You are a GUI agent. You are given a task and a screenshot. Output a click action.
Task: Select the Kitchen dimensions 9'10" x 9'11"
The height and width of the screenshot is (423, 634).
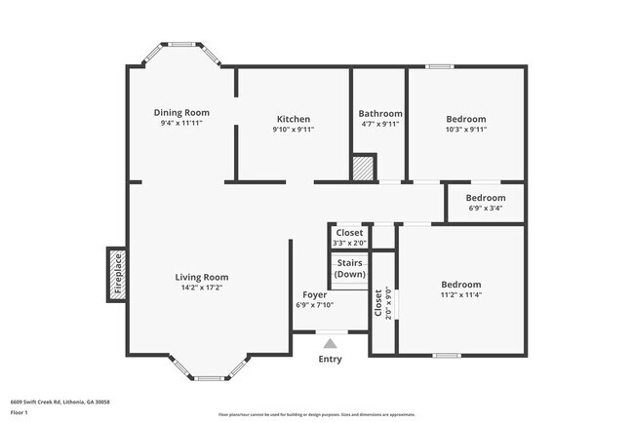(x=293, y=130)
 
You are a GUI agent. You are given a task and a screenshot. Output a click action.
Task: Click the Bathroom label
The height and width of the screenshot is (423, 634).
(x=379, y=113)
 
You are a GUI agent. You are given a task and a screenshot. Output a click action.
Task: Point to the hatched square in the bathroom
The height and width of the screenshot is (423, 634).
(x=364, y=168)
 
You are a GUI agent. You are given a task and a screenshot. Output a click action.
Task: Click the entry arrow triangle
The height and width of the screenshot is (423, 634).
(x=330, y=343)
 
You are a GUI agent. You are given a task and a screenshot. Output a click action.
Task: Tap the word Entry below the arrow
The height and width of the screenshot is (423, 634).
(x=331, y=360)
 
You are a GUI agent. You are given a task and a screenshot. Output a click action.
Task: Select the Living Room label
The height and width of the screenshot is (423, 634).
(x=202, y=277)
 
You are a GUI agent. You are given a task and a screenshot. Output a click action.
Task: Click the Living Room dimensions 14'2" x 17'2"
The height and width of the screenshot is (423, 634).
(x=202, y=288)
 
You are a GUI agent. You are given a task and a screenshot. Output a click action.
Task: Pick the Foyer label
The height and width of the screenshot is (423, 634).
(x=314, y=294)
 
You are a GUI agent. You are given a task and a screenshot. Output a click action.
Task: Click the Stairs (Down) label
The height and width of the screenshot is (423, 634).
(x=350, y=269)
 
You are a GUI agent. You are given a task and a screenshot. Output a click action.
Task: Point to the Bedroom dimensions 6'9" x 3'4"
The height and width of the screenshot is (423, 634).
(x=486, y=208)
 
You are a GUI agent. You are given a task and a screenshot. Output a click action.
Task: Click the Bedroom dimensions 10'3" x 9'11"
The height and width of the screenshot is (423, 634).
(x=466, y=130)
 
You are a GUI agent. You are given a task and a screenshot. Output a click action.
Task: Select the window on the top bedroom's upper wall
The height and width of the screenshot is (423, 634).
(x=438, y=66)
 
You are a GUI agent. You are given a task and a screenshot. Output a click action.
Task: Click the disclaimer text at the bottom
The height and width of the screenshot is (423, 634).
(x=316, y=414)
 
